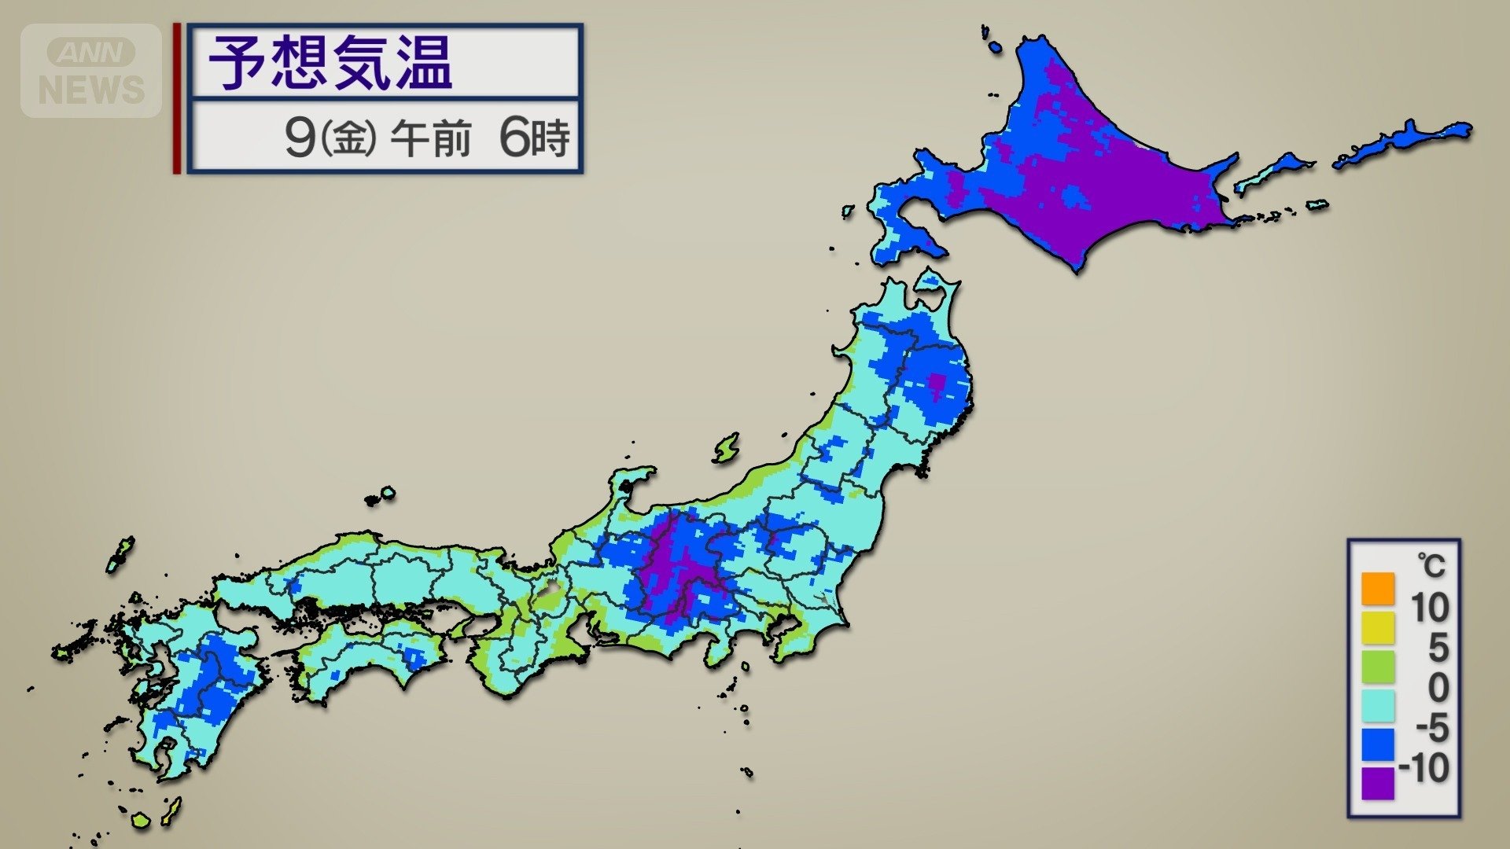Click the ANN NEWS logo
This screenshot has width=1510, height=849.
tap(91, 71)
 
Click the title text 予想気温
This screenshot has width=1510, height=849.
tap(330, 63)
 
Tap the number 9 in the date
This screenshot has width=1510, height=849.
tap(299, 138)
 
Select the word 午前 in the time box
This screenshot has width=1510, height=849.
tap(430, 139)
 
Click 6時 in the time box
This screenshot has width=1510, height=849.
tap(534, 138)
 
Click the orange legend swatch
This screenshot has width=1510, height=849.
tap(1377, 589)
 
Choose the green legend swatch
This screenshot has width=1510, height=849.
tap(1377, 667)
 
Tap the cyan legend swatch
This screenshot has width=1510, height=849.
tap(1377, 705)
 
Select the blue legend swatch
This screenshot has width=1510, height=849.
tap(1377, 744)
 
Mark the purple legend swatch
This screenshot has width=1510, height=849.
tap(1377, 783)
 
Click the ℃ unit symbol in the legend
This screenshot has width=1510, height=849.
tap(1431, 565)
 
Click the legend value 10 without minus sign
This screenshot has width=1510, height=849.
tap(1429, 608)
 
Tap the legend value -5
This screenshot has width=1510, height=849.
tap(1431, 728)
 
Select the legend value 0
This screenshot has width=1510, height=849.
tap(1438, 688)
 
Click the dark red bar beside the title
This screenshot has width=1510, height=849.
tap(177, 98)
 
